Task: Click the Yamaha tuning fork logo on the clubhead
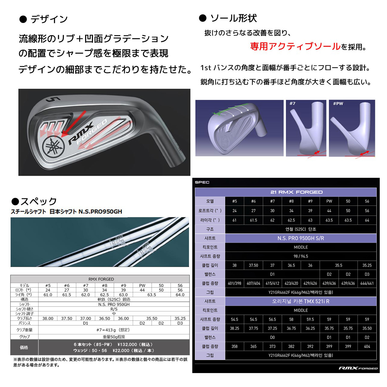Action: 53,147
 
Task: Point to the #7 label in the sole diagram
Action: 292,103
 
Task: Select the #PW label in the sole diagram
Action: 338,103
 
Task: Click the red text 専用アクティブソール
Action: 295,47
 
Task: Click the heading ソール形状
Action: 233,18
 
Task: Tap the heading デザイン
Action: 49,19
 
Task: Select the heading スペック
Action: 38,201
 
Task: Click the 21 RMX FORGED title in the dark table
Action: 296,192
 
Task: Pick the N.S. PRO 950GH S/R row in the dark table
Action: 301,238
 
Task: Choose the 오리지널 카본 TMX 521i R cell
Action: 301,301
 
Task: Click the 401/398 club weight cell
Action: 234,283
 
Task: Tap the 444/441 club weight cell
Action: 367,283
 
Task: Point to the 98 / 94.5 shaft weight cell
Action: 301,256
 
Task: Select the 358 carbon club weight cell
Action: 234,346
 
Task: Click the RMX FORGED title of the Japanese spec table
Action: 101,279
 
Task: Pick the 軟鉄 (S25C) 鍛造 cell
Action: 114,299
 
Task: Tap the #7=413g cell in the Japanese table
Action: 114,330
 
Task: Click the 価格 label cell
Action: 24,347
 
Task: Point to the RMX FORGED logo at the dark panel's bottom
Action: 358,368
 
